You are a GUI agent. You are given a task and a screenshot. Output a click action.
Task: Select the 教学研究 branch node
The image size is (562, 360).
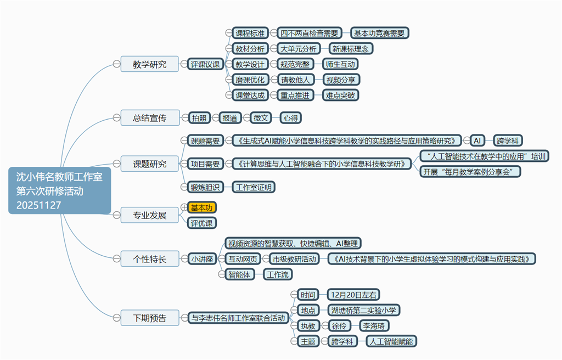150,64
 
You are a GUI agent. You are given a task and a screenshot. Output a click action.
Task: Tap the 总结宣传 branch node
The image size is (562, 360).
150,117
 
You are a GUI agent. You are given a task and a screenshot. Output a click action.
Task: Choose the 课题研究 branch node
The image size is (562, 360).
150,164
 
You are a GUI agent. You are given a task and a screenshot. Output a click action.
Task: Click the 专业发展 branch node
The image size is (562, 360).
150,215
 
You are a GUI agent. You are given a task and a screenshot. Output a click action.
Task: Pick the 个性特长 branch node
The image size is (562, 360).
150,258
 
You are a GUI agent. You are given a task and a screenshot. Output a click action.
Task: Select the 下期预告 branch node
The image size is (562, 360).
150,317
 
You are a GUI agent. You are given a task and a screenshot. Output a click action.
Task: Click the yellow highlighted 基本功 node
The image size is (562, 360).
201,207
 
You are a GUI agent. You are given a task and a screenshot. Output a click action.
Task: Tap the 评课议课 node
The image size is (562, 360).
205,64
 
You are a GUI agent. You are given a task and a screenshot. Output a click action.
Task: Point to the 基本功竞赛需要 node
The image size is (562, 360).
379,33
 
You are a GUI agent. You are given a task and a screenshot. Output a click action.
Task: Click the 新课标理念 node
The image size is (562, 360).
352,48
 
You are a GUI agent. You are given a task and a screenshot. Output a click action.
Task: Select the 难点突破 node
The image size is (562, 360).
340,95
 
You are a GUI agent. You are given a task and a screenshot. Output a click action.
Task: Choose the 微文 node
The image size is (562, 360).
262,117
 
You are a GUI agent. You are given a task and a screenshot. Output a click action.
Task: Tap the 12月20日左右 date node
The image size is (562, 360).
354,295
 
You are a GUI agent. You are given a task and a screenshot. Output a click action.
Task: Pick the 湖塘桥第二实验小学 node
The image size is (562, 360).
364,310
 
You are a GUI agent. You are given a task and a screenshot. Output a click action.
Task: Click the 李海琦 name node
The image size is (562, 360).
374,325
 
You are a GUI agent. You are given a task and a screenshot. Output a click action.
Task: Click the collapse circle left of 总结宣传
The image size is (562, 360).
116,117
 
